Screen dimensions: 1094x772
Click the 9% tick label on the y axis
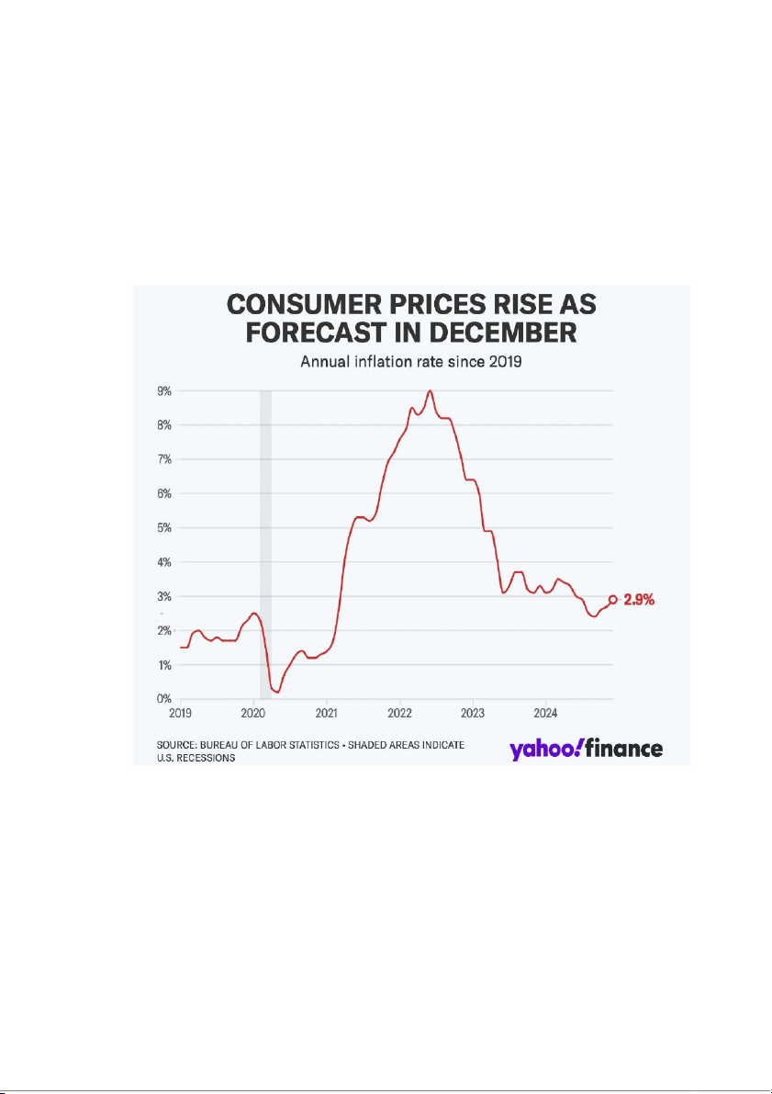pyautogui.click(x=165, y=390)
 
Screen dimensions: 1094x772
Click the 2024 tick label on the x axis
pyautogui.click(x=545, y=713)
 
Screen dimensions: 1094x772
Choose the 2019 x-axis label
pyautogui.click(x=180, y=713)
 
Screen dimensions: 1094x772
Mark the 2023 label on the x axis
pyautogui.click(x=473, y=713)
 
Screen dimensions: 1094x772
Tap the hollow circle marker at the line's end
pyautogui.click(x=613, y=599)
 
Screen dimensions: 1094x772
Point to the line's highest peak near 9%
pyautogui.click(x=430, y=391)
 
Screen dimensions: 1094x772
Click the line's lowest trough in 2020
pyautogui.click(x=277, y=692)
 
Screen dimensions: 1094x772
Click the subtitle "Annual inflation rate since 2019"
pyautogui.click(x=411, y=361)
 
